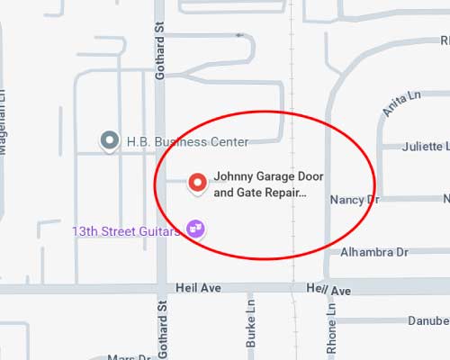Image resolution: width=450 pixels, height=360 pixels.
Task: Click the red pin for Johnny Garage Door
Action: pyautogui.click(x=197, y=183)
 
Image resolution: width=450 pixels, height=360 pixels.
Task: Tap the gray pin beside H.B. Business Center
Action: pyautogui.click(x=110, y=140)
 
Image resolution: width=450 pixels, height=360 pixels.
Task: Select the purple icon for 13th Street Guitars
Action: pyautogui.click(x=195, y=229)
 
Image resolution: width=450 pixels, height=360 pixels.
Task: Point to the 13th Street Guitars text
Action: pyautogui.click(x=127, y=231)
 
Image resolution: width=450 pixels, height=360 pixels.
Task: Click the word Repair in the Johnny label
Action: pyautogui.click(x=278, y=192)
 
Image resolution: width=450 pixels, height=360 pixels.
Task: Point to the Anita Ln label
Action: pyautogui.click(x=395, y=105)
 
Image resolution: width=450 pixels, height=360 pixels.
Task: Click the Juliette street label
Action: pyautogui.click(x=423, y=146)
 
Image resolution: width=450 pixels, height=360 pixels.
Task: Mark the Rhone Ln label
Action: pyautogui.click(x=330, y=320)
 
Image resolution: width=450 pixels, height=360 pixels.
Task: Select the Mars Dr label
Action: pyautogui.click(x=126, y=356)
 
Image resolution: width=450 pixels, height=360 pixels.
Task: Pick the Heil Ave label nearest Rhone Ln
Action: pyautogui.click(x=328, y=291)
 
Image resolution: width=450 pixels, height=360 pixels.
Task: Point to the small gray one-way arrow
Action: pyautogui.click(x=239, y=35)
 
